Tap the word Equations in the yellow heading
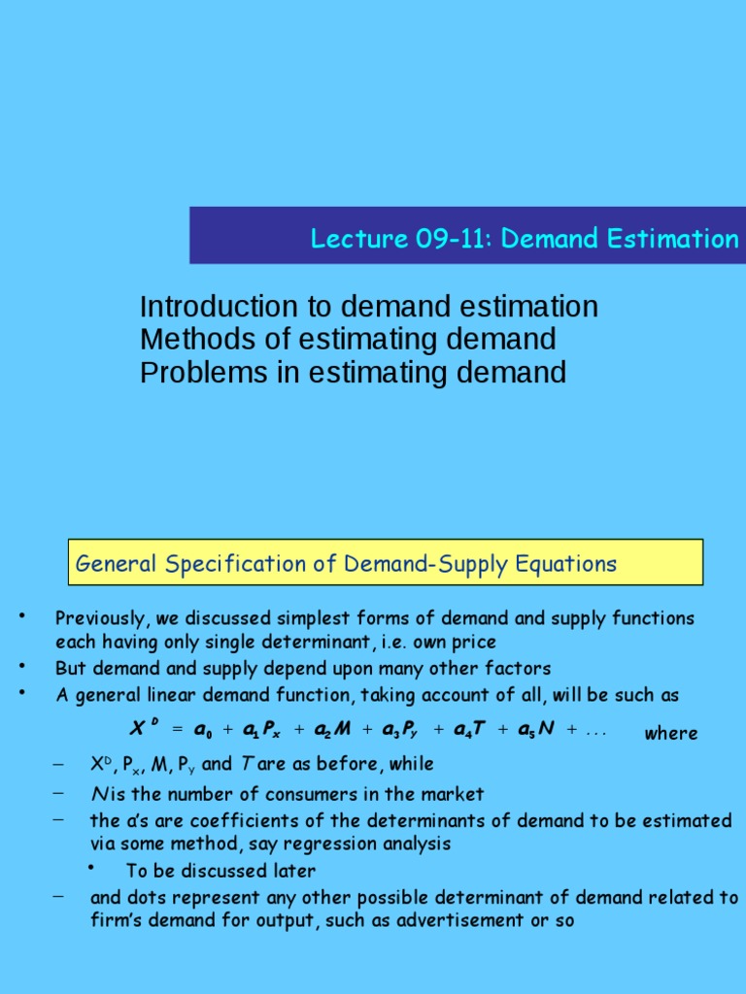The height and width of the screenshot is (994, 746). (x=569, y=564)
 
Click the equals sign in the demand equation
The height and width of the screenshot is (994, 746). (x=177, y=730)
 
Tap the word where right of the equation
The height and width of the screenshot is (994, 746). (x=671, y=734)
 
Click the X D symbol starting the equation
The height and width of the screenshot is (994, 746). (x=142, y=728)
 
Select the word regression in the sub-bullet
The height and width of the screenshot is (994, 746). (x=333, y=845)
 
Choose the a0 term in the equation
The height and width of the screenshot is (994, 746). (x=203, y=730)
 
